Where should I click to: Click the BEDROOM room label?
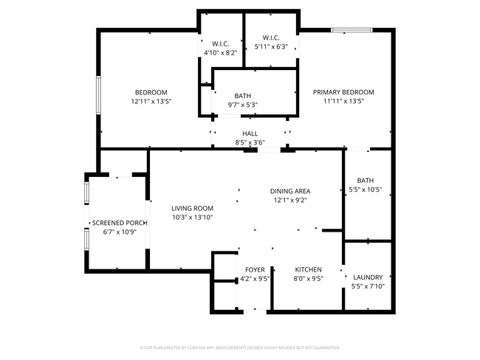pyautogui.click(x=151, y=92)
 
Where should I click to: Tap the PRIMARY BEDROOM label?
pyautogui.click(x=343, y=92)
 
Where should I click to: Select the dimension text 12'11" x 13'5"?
pyautogui.click(x=151, y=102)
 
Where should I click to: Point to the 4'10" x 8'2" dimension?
pyautogui.click(x=220, y=52)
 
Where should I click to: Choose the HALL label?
pyautogui.click(x=250, y=134)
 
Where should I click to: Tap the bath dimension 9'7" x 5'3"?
pyautogui.click(x=242, y=105)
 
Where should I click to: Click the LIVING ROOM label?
pyautogui.click(x=192, y=208)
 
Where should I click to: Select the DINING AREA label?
pyautogui.click(x=289, y=190)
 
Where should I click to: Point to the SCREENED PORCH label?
pyautogui.click(x=119, y=223)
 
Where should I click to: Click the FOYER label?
pyautogui.click(x=255, y=270)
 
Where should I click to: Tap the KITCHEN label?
pyautogui.click(x=309, y=270)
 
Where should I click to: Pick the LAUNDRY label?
pyautogui.click(x=368, y=277)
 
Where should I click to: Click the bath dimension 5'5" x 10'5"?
pyautogui.click(x=365, y=190)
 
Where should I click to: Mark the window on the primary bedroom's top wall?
pyautogui.click(x=352, y=31)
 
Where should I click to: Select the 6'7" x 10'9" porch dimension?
pyautogui.click(x=119, y=232)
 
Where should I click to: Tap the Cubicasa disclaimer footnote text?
pyautogui.click(x=240, y=347)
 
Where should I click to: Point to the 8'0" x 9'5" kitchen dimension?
pyautogui.click(x=309, y=280)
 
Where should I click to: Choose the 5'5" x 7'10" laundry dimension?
pyautogui.click(x=368, y=286)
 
